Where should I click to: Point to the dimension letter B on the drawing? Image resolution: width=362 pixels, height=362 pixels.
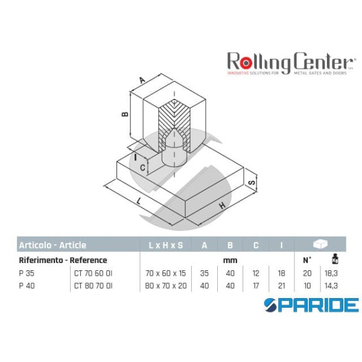coord(124,113)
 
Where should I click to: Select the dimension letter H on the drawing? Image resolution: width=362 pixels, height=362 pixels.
coord(223,205)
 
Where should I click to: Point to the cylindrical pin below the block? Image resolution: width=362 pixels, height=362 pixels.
coord(174,159)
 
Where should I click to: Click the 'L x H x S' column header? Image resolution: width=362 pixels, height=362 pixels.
coord(166,245)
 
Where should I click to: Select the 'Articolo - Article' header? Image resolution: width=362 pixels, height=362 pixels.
coord(52,245)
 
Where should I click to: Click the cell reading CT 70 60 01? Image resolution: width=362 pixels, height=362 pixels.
coord(93,273)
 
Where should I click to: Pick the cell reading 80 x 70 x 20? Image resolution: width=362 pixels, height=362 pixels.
coord(166,285)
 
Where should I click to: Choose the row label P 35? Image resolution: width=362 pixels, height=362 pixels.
coord(26,273)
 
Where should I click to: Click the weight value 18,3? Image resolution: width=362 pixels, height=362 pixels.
coord(332,273)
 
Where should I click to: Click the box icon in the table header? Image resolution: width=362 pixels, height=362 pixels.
coord(320,245)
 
